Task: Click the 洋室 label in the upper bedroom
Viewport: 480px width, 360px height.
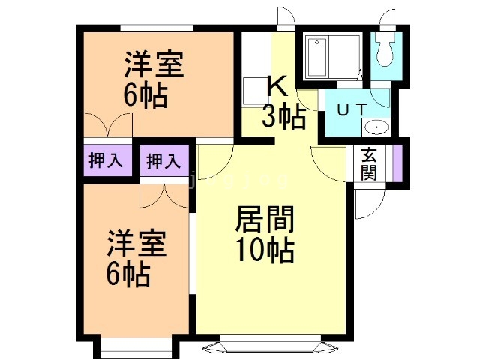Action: (x=153, y=64)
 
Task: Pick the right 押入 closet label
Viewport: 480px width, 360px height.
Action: (x=163, y=160)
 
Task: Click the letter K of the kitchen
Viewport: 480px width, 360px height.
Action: (x=277, y=87)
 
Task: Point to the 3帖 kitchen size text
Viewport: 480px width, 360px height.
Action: (x=283, y=116)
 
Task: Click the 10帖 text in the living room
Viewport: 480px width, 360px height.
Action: (x=265, y=249)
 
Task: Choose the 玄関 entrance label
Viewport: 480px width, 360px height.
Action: (x=369, y=164)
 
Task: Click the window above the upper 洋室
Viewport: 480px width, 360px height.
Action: (x=156, y=28)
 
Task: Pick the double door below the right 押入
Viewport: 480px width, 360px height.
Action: (x=163, y=196)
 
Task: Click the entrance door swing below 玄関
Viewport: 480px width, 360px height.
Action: (x=370, y=199)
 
